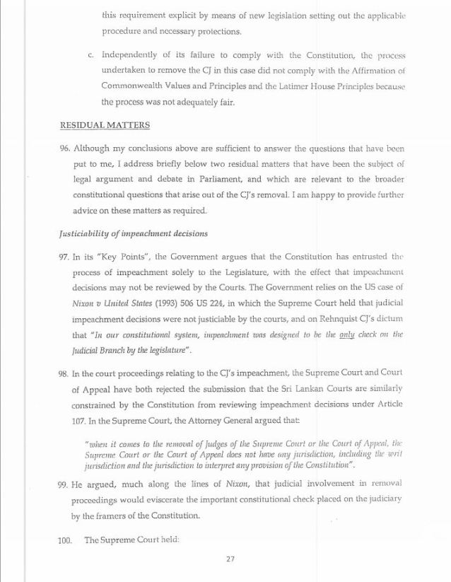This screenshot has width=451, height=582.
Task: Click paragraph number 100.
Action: [66, 541]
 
